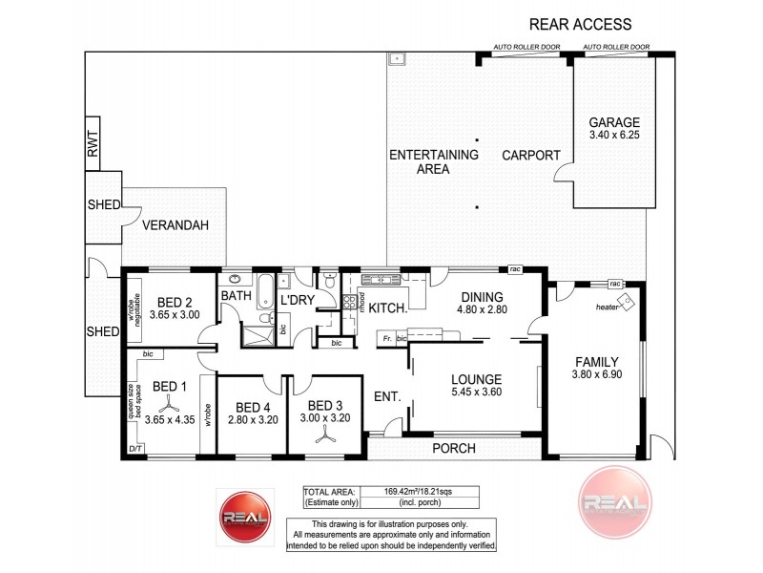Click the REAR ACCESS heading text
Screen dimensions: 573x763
point(580,23)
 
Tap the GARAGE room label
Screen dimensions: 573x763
point(613,122)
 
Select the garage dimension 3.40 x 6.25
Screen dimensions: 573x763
point(613,138)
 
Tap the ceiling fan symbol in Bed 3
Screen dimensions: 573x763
point(326,431)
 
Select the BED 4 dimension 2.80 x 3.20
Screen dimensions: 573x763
point(252,417)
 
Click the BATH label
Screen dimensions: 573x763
point(236,296)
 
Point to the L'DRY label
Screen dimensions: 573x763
point(297,301)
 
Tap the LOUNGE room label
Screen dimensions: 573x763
point(477,377)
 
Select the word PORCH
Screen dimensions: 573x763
point(455,447)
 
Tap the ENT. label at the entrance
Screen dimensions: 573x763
point(385,396)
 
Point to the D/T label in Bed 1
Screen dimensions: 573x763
point(134,449)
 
